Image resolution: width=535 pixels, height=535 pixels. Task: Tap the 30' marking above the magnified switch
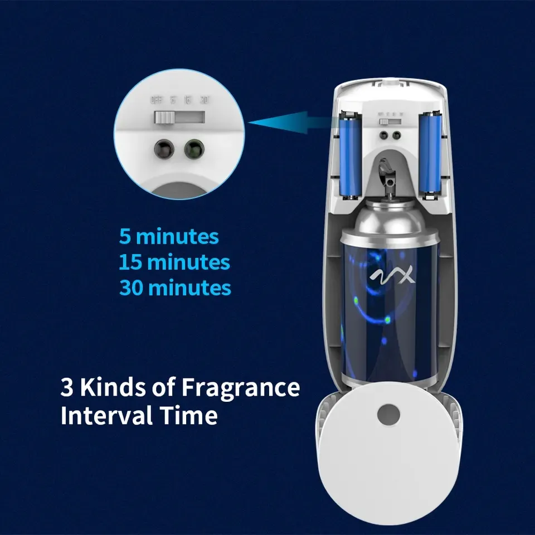coord(204,101)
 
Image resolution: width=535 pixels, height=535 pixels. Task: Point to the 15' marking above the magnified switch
coord(188,101)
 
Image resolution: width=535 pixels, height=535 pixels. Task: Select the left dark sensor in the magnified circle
coord(164,149)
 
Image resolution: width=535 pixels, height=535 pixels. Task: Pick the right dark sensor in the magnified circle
coord(193,149)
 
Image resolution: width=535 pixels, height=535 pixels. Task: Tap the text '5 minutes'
coord(169,236)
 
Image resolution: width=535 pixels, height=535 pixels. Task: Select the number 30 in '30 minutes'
coord(132,288)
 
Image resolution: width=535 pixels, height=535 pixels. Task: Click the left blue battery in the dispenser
coord(350,154)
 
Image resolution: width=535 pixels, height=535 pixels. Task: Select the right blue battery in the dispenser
coord(431,154)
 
